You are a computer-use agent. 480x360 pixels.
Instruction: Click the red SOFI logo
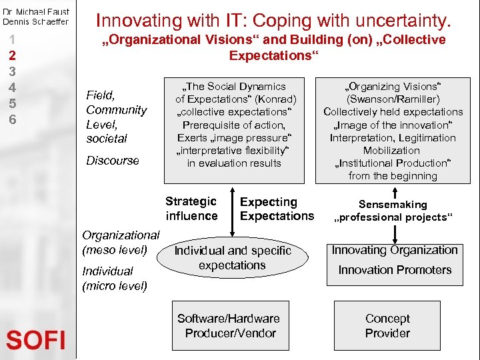coord(36,341)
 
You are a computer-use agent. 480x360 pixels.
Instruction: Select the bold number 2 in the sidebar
coord(11,55)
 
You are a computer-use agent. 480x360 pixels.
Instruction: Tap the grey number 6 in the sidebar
coord(11,119)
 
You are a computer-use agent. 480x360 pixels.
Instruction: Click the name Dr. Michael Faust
coord(35,11)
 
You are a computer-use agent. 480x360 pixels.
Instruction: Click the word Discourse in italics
coord(113,161)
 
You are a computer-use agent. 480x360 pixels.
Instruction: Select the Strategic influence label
coord(191,209)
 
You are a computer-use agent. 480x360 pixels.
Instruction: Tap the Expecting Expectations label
coord(276,209)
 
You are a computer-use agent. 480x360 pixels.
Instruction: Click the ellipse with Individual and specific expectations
coord(233,258)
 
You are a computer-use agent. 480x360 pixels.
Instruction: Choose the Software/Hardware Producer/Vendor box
coord(229,326)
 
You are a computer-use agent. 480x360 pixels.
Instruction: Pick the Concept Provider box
coord(387,326)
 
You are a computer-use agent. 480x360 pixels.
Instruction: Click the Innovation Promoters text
coord(395,270)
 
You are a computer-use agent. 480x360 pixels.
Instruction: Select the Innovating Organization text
coord(395,250)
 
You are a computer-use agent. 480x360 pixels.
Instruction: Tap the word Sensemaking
coord(393,205)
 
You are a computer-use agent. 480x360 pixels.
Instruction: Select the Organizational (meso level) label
coord(120,242)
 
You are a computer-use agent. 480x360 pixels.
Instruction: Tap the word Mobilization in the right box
coord(392,151)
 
